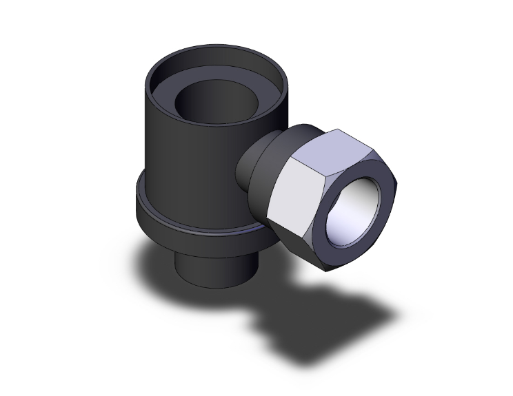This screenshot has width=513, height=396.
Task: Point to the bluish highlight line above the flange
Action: (207, 229)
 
